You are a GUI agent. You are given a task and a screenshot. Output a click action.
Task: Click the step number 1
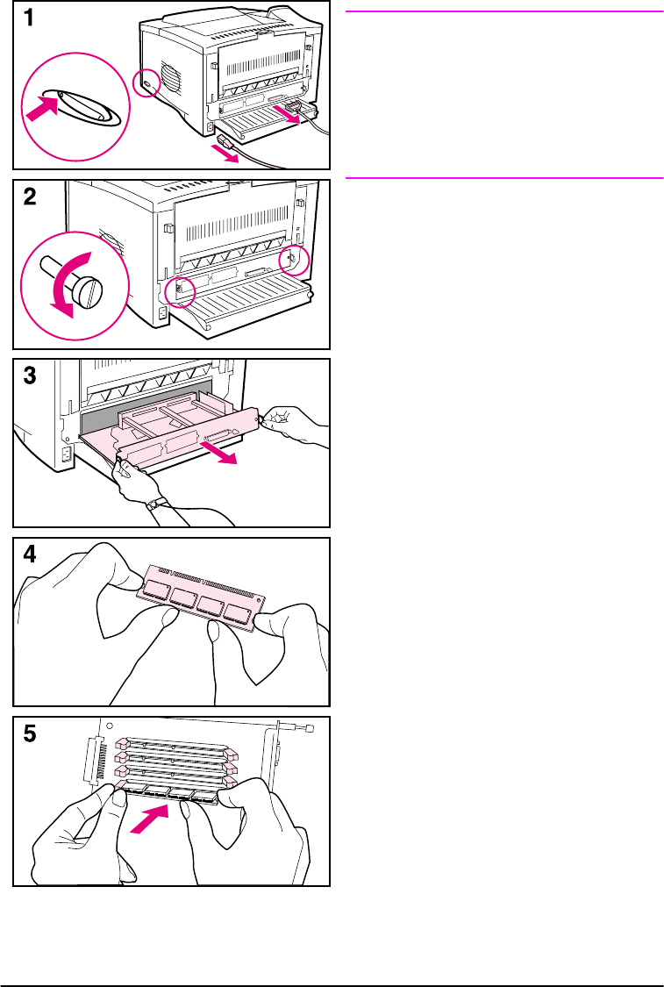tap(29, 19)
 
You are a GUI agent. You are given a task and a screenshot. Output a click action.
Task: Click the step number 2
tap(29, 198)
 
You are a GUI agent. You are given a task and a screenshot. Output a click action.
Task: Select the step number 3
tap(29, 377)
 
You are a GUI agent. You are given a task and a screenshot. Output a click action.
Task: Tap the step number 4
tap(29, 556)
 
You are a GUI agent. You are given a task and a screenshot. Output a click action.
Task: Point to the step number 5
tap(29, 735)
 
